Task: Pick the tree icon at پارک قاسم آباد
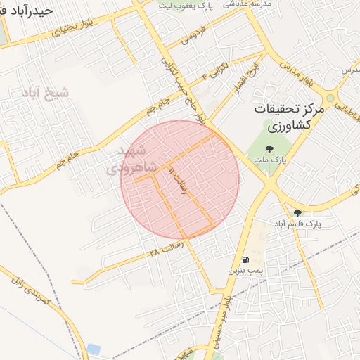tap(297, 212)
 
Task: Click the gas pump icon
tap(244, 259)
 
